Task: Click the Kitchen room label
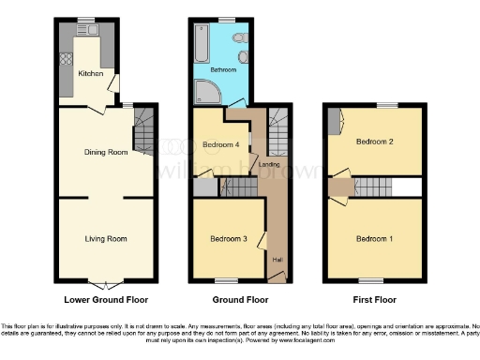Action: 90,73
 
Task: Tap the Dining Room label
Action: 105,152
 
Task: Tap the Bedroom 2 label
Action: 372,142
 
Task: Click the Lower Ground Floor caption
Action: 105,301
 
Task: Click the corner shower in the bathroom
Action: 203,92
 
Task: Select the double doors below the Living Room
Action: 104,283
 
